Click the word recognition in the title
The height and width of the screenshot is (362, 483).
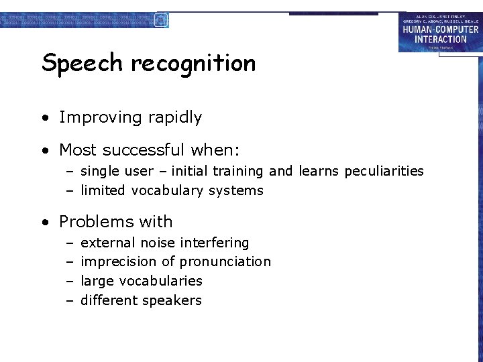(193, 64)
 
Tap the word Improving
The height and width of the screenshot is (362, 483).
(99, 117)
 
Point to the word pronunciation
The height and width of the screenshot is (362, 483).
(225, 261)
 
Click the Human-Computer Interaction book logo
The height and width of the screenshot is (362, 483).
(440, 33)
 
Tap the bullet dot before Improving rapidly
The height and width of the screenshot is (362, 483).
(44, 119)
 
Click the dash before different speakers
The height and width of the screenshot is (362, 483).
(69, 300)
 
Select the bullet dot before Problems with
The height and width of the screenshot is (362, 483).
(44, 223)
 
